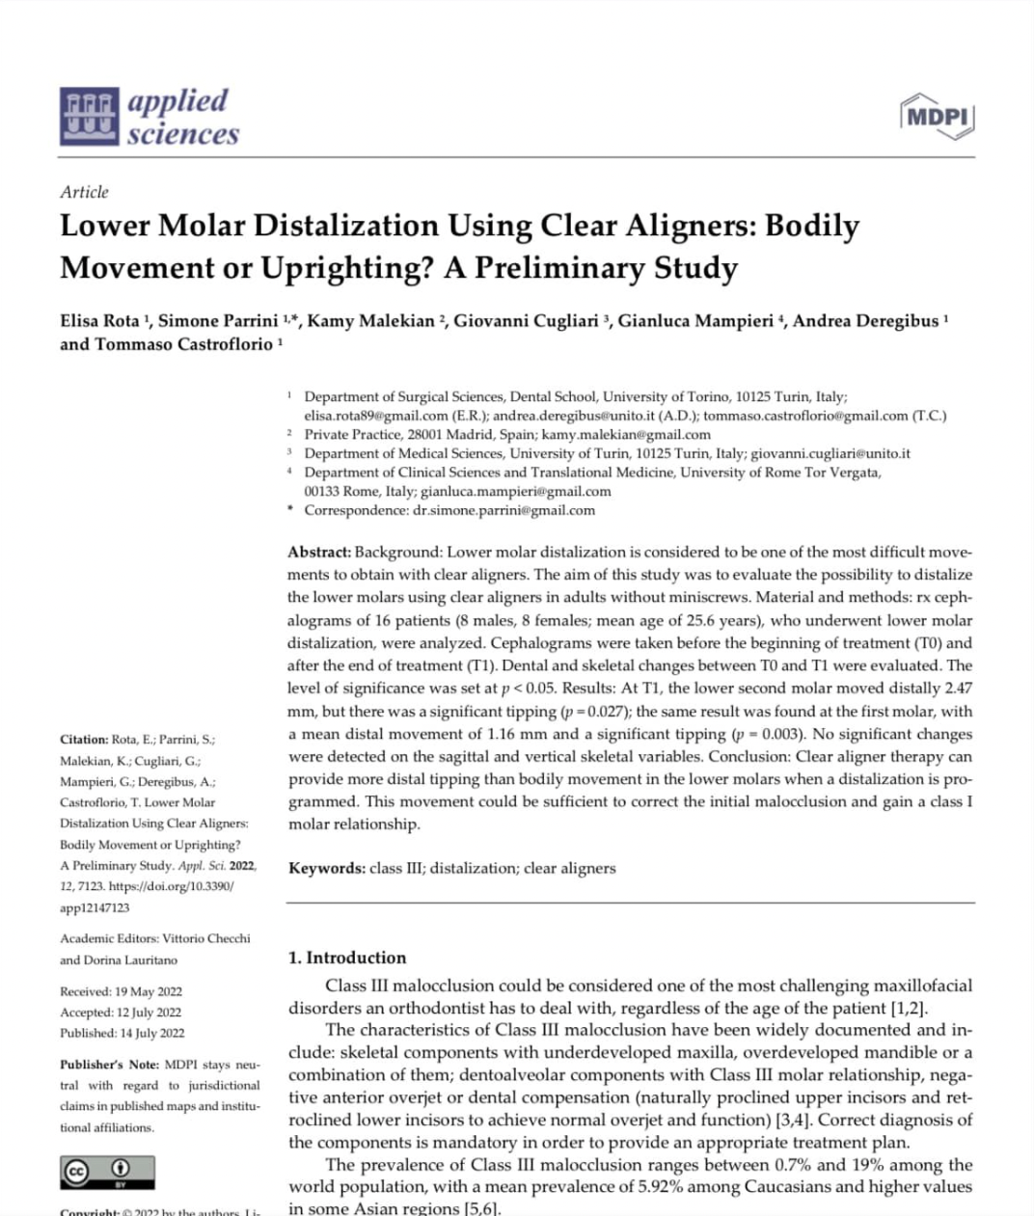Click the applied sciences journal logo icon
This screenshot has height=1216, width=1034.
coord(90,117)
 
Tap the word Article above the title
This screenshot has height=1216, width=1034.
coord(84,192)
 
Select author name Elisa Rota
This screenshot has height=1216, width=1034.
coord(99,321)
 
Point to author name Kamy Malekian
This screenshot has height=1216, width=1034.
coord(370,321)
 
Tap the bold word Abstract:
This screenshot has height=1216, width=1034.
coord(319,553)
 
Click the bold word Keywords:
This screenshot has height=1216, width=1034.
coord(326,868)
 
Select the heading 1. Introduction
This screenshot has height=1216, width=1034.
coord(347,958)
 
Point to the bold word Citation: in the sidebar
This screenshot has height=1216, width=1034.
coord(84,740)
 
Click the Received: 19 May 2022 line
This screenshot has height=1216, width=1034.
coord(121,991)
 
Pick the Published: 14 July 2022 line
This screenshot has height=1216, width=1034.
coord(122,1033)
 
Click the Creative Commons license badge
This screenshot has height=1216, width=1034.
coord(107,1172)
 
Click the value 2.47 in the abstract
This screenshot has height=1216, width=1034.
coord(958,689)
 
